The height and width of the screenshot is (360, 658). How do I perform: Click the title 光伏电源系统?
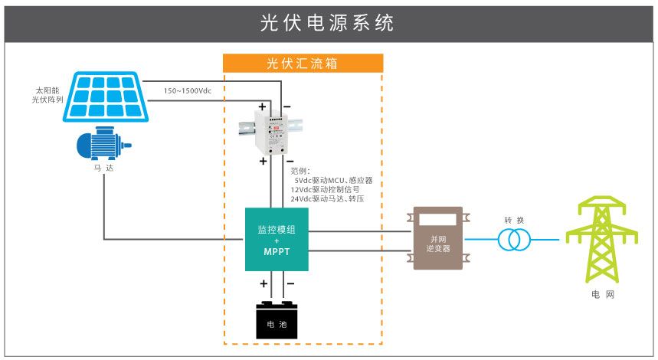[327, 22]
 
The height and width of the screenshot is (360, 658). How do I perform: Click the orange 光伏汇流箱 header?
[303, 63]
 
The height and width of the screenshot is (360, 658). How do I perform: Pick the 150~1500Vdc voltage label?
[187, 91]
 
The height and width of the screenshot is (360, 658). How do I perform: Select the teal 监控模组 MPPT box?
[277, 239]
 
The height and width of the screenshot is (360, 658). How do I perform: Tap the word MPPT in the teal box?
[277, 251]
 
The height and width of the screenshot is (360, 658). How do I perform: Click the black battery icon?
[277, 319]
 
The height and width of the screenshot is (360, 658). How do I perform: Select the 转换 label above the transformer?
[514, 221]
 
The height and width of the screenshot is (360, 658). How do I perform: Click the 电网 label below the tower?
[602, 294]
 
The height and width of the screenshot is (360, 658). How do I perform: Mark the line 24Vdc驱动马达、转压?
[327, 199]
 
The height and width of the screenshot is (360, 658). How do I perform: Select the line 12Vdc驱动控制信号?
[326, 190]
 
